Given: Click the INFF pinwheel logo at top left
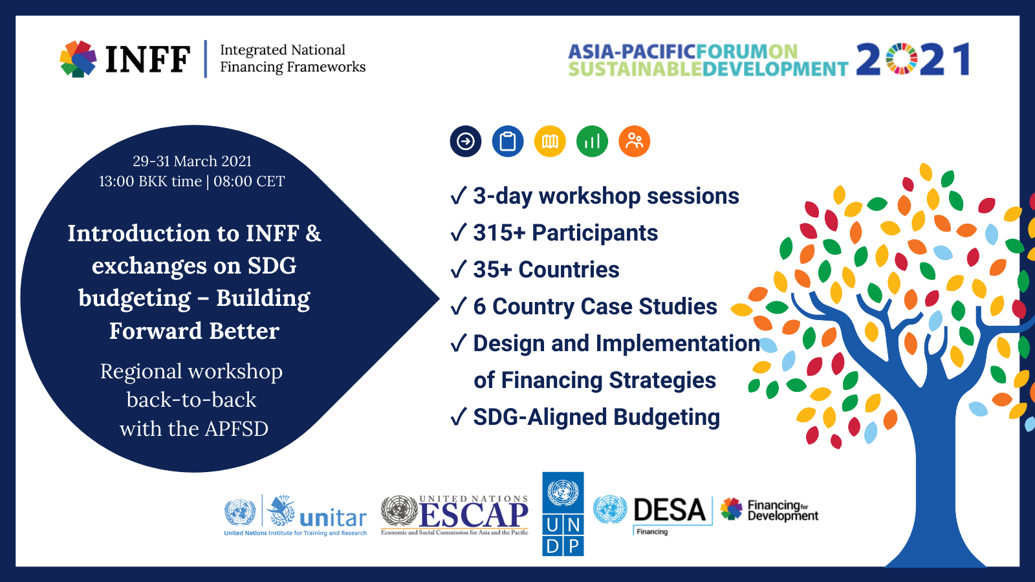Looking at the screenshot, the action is [x=78, y=59].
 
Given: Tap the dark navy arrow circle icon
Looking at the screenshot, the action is [x=465, y=142].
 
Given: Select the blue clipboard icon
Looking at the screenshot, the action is [x=507, y=142].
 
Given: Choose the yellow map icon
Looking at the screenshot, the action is [x=550, y=142].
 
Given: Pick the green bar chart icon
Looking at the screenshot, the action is [x=592, y=142].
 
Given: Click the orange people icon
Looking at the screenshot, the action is [x=635, y=142].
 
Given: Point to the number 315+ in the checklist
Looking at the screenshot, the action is [x=499, y=232].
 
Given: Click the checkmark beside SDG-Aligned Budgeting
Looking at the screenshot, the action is [x=459, y=416].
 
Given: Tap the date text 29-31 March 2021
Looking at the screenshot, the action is [x=192, y=161].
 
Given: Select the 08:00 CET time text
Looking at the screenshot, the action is [x=249, y=181].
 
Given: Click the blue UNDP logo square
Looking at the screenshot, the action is [x=563, y=513].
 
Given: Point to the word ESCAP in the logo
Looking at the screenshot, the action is [x=473, y=515].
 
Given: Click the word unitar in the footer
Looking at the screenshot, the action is [x=333, y=518].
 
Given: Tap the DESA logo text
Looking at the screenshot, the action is [x=670, y=510].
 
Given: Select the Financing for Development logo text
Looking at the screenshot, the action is [x=783, y=510].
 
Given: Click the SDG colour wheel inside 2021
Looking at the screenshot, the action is [x=902, y=59].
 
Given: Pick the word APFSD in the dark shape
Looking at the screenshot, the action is [x=236, y=429].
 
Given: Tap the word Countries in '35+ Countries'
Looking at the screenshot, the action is [x=569, y=269].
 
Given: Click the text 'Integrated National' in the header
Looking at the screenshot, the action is [x=282, y=50].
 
